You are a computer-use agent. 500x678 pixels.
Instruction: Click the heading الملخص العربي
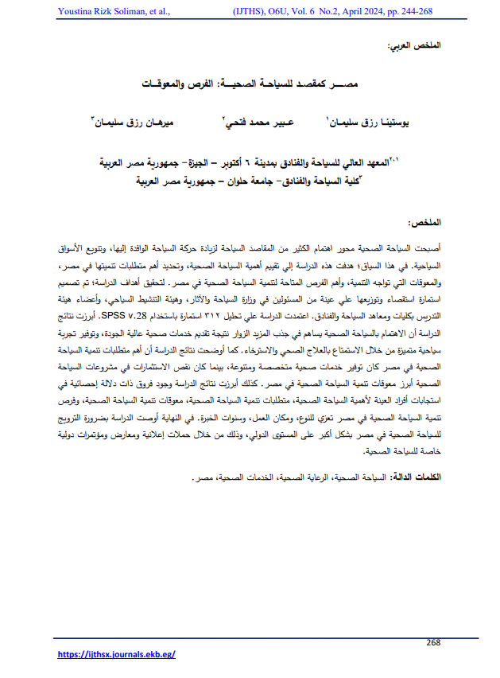pos(413,47)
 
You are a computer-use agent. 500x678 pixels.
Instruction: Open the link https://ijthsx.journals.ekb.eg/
pos(117,653)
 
